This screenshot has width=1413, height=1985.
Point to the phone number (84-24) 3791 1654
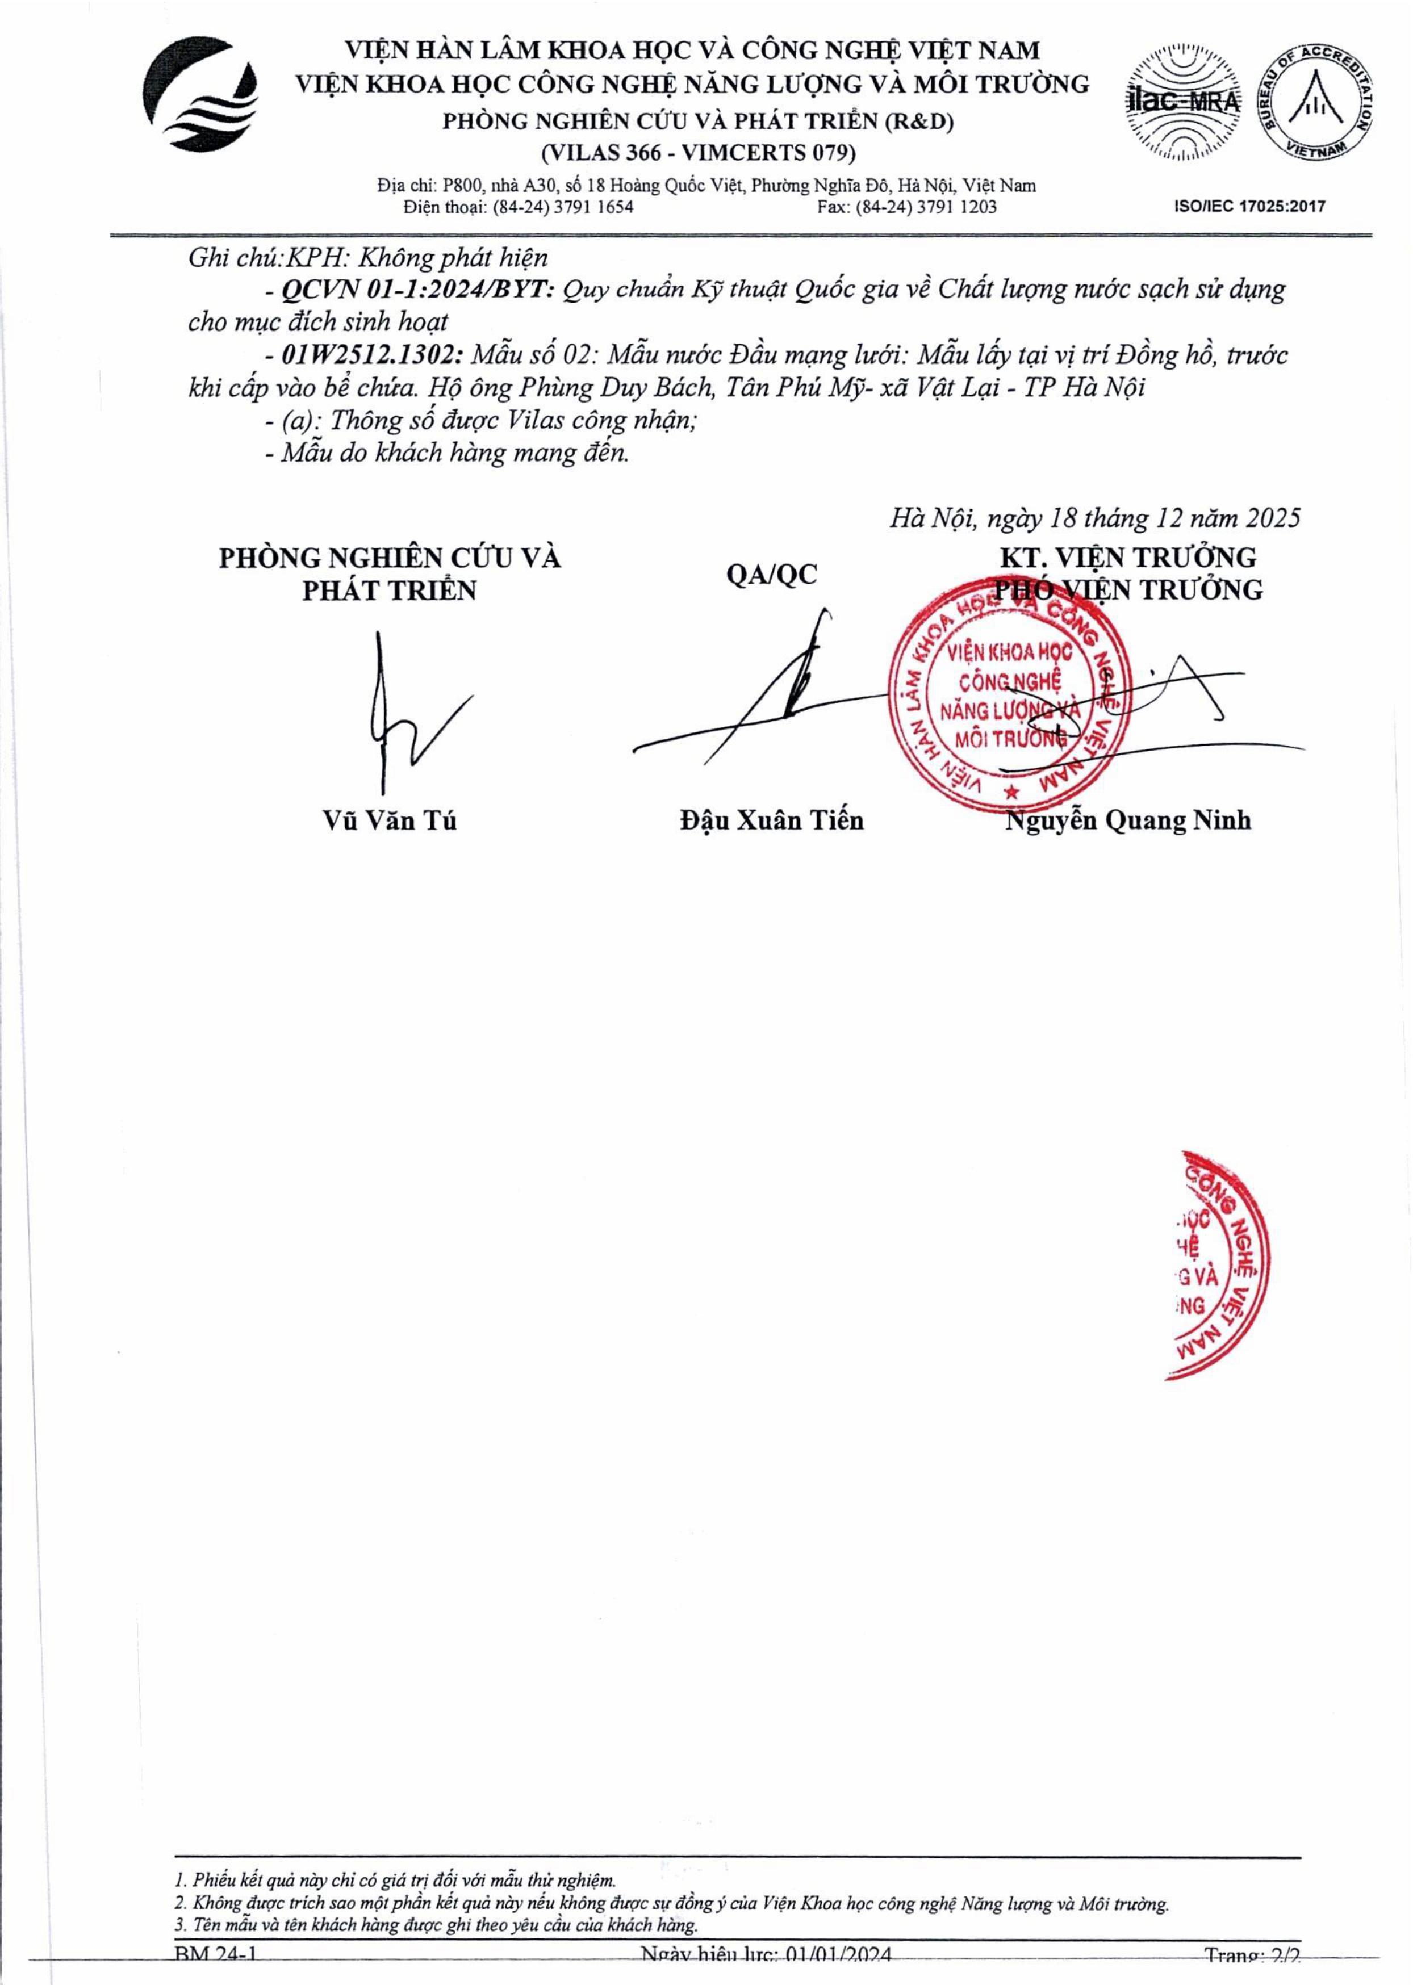563,207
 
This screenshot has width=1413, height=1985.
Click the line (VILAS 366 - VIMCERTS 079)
698,153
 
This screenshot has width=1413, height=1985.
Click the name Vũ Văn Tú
389,820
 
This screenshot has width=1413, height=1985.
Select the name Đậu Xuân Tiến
772,820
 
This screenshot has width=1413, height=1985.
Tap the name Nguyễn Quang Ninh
1128,820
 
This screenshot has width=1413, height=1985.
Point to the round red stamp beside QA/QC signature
1009,696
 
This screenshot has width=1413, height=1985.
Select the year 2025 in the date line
1272,518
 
